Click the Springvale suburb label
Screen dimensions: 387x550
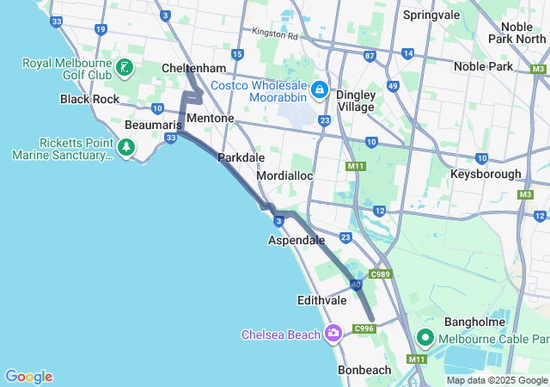click(432, 15)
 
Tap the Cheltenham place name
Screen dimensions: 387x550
click(193, 68)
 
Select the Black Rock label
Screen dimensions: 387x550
click(89, 99)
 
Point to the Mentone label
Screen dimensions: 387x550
click(210, 118)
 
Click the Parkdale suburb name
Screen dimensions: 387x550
click(241, 158)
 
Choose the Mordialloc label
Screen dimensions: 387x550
click(285, 175)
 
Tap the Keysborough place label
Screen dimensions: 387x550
click(486, 174)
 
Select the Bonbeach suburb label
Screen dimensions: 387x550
click(364, 370)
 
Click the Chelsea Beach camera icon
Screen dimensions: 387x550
click(334, 333)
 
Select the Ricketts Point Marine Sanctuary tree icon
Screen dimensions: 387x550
click(127, 149)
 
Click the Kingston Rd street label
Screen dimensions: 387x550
click(274, 34)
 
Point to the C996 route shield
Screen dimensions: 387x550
click(365, 328)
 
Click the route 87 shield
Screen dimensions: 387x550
click(370, 55)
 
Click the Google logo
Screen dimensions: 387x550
click(28, 377)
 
